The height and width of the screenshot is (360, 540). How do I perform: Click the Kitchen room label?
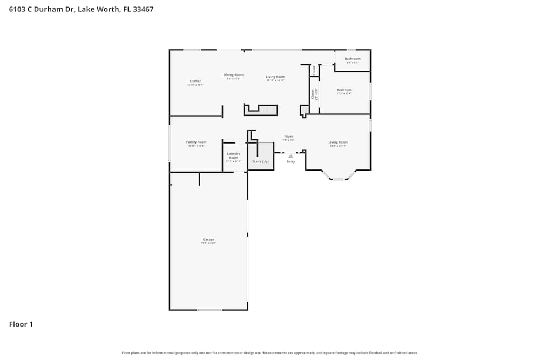195,81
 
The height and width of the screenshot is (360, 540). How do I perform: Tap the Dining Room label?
233,75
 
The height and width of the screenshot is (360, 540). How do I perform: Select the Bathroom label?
352,59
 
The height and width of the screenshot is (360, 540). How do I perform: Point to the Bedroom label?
344,90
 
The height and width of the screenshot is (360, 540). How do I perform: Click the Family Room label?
196,142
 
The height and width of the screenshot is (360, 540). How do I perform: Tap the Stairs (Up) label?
260,161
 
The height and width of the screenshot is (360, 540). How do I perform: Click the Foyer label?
289,137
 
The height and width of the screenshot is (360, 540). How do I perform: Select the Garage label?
208,239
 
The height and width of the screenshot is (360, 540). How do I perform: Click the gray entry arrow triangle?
291,156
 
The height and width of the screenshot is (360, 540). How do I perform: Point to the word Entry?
291,161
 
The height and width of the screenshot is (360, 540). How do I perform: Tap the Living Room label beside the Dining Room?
275,77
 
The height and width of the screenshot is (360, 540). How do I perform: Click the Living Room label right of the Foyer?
338,142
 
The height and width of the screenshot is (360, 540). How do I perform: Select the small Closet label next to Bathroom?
314,70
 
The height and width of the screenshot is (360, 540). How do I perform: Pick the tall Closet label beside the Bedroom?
313,94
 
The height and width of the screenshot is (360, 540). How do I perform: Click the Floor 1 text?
21,324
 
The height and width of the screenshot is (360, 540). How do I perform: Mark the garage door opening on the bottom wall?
209,310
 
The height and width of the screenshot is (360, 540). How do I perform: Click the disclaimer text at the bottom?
270,352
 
